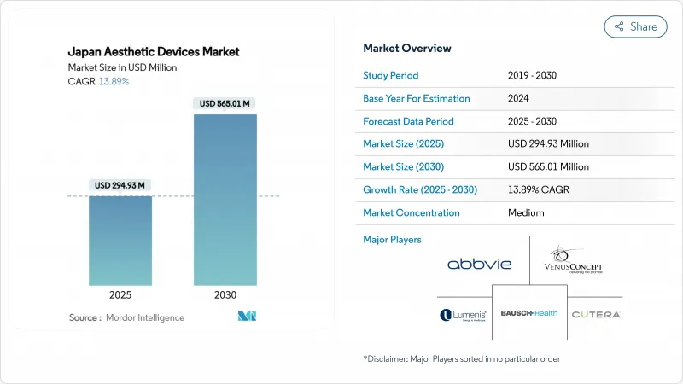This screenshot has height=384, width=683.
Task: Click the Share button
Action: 636,26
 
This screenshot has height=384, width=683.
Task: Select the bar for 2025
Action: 120,241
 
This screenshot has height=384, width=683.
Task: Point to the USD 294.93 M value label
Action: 120,186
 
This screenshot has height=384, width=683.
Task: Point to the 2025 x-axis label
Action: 120,295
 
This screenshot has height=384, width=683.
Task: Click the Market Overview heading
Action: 407,49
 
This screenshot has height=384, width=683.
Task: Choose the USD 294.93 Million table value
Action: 548,143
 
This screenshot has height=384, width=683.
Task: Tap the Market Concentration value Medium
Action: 526,212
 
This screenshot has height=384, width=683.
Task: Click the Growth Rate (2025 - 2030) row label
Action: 420,189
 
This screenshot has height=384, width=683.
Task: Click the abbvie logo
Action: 479,265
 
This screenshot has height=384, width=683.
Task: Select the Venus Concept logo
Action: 574,262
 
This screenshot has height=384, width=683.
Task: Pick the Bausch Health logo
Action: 529,313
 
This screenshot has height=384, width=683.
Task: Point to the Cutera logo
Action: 595,315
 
